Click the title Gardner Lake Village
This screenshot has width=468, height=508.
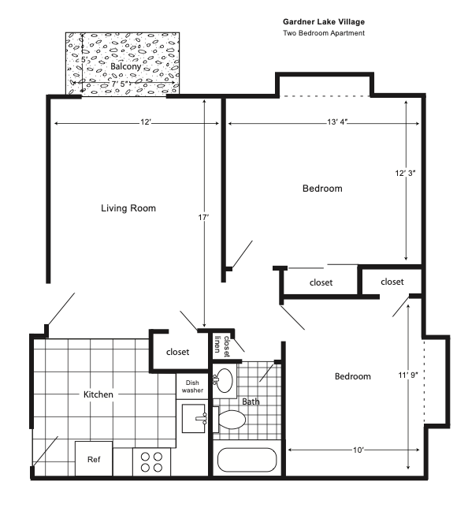(x=324, y=22)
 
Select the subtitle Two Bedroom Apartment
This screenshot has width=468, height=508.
(x=323, y=34)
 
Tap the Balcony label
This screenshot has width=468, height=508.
(x=125, y=67)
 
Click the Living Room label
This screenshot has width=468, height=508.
(x=128, y=208)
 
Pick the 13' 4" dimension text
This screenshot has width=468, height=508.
(x=336, y=122)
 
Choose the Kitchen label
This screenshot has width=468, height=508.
(x=98, y=394)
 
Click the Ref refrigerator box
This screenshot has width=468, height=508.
(x=93, y=459)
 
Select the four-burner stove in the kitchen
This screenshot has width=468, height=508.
(x=150, y=461)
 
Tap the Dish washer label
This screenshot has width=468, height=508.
(x=192, y=386)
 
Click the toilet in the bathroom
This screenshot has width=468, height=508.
(x=232, y=420)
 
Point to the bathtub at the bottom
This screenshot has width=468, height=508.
(x=246, y=461)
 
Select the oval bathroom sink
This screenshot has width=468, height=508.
(x=225, y=380)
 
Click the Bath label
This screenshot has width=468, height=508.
(x=251, y=402)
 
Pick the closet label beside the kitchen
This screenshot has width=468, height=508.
(x=178, y=352)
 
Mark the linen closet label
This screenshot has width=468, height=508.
(x=221, y=345)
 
